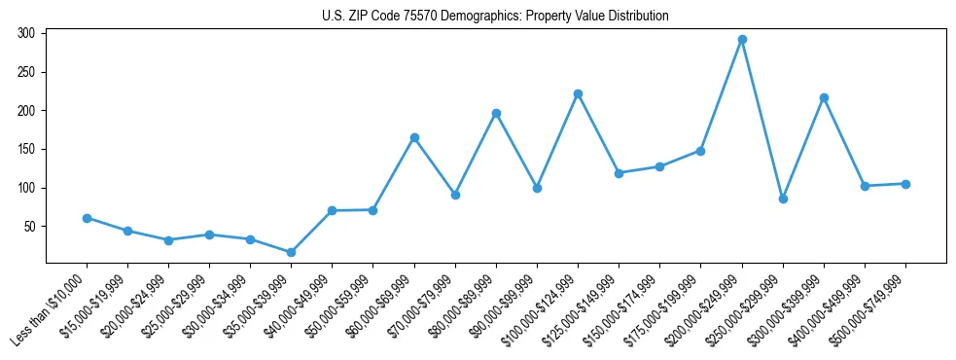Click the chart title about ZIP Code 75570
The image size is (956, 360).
(x=495, y=16)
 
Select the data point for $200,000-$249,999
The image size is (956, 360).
(x=742, y=40)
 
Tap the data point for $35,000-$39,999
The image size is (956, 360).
(x=291, y=252)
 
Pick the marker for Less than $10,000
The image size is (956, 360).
(x=87, y=218)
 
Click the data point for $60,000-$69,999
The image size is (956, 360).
(x=414, y=138)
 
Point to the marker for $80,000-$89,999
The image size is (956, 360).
(x=496, y=113)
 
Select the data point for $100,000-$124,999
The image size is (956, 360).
(x=578, y=93)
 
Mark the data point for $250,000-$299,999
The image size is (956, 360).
(x=783, y=198)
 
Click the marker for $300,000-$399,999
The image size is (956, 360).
(x=824, y=97)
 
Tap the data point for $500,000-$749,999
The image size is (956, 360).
(x=905, y=184)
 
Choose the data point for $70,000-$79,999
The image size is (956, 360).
(x=455, y=195)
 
